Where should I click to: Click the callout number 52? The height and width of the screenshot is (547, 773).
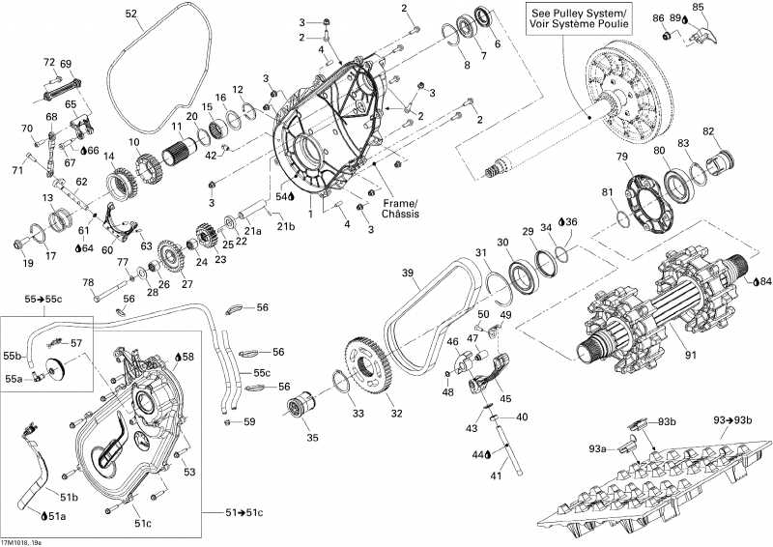click(131, 14)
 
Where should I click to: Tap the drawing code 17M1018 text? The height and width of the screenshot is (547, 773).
click(21, 541)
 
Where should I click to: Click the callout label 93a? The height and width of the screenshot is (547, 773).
click(598, 448)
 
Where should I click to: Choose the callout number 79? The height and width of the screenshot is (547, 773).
click(622, 157)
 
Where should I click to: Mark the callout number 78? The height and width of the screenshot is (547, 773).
click(88, 282)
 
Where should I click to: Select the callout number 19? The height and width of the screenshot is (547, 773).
click(27, 263)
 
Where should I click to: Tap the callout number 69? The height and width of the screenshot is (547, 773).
click(66, 64)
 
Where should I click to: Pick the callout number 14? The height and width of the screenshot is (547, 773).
click(109, 156)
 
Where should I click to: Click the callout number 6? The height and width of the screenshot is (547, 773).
click(498, 44)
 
